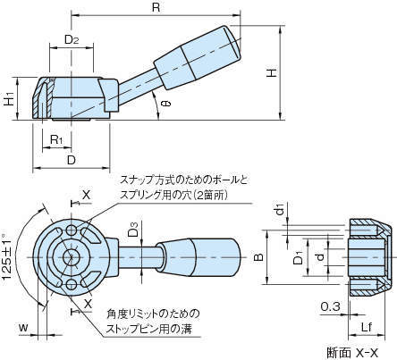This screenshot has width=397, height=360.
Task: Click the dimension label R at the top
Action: tap(156, 7)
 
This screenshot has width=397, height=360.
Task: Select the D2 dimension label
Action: tap(72, 39)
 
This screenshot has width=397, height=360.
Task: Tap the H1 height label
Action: tap(10, 99)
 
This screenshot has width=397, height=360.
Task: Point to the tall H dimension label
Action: tap(272, 73)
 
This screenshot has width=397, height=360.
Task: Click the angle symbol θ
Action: tap(167, 104)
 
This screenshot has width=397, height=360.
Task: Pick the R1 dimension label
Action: tap(56, 139)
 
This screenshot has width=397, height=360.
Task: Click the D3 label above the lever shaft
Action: tap(134, 229)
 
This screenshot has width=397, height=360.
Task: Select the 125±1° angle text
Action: tap(8, 256)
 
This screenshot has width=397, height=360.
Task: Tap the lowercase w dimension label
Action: tap(23, 328)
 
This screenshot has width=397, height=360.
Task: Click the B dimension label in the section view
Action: tap(259, 257)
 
